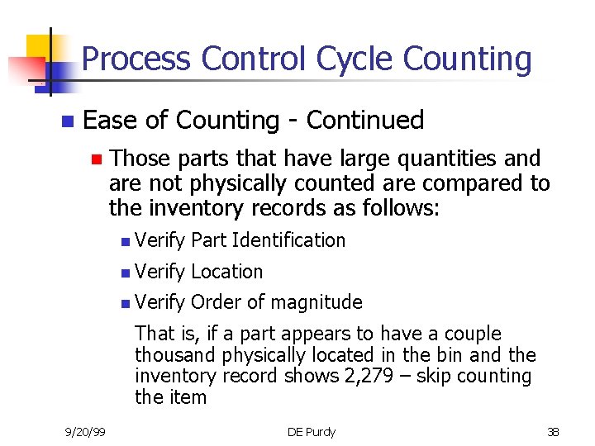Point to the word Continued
pyautogui.click(x=365, y=121)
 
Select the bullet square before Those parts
pyautogui.click(x=96, y=159)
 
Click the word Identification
pyautogui.click(x=288, y=240)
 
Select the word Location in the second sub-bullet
pyautogui.click(x=226, y=272)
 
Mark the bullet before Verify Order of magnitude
pyautogui.click(x=124, y=303)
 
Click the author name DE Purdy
pyautogui.click(x=311, y=431)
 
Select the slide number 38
pyautogui.click(x=553, y=431)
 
